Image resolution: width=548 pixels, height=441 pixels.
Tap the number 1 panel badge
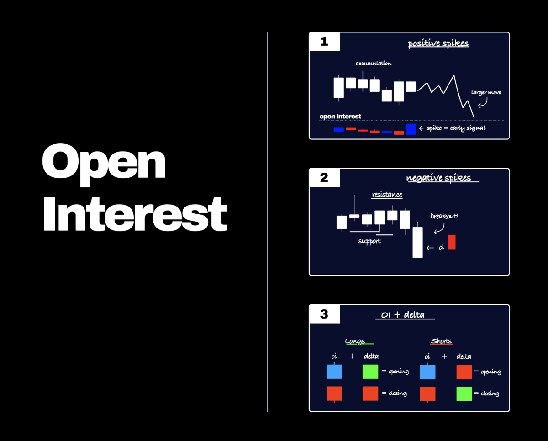tap(324, 42)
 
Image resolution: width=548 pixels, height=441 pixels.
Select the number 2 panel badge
tap(324, 178)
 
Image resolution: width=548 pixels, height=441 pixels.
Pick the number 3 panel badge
tap(324, 314)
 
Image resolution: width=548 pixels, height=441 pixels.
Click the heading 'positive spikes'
tap(438, 44)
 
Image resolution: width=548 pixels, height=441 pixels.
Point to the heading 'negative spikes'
tap(438, 178)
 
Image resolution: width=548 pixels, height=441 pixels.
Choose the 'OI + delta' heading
tap(403, 314)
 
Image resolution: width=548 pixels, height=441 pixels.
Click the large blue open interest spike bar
tap(411, 129)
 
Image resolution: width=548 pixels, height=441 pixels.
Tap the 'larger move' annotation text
tap(486, 93)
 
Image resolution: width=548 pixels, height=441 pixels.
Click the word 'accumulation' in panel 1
tap(374, 64)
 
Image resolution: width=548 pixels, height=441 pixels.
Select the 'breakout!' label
tap(444, 216)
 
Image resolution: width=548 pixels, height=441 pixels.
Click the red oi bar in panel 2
tap(452, 242)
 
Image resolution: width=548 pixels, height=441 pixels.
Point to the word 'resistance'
tap(387, 195)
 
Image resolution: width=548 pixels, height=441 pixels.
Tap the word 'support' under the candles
tap(369, 241)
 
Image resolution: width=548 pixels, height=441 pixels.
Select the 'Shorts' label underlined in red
tap(441, 341)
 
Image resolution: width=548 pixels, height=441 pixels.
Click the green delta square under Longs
tap(370, 372)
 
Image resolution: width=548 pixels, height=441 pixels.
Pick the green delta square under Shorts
tap(464, 393)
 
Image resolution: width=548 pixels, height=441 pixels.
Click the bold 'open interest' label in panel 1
tap(340, 117)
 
